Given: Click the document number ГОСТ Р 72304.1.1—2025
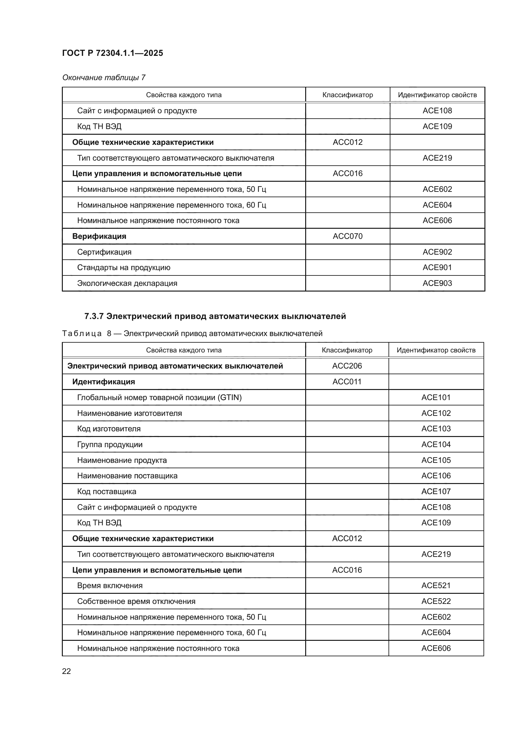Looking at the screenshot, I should tap(112, 53).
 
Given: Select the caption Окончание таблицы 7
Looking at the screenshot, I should tap(104, 78).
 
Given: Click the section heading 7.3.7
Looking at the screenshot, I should tap(215, 316).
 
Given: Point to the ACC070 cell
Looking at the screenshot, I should tap(347, 236).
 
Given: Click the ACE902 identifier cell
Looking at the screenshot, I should tap(437, 252).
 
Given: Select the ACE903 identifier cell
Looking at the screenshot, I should tap(437, 283).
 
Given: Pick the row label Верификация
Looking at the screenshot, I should tap(99, 236).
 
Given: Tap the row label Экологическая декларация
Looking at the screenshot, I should tap(127, 283).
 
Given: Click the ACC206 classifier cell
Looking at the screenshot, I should tap(347, 366).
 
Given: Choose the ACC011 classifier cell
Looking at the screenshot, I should tap(347, 381).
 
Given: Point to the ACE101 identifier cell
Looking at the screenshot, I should tap(436, 398).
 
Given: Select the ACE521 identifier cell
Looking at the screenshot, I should tap(436, 585).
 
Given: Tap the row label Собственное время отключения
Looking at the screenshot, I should tap(136, 601).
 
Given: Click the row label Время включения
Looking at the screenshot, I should tap(110, 585).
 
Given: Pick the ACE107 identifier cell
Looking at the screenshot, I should tap(436, 491).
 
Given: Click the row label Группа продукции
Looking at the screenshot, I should tap(110, 445).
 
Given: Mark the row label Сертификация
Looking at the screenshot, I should tap(104, 252).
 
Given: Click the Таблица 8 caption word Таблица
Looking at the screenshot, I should tap(82, 334).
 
